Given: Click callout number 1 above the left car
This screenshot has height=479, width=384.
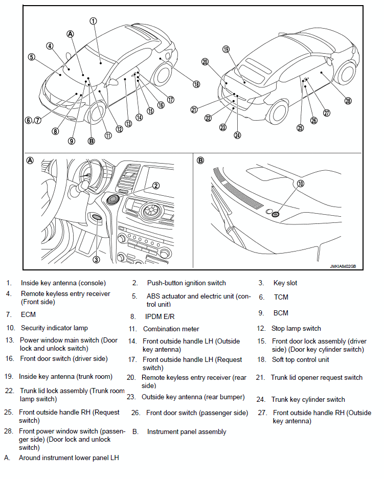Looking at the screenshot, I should tap(93, 21).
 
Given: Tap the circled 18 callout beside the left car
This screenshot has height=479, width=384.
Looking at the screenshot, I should tap(196, 84).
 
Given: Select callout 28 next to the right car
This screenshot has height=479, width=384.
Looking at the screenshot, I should tap(348, 101).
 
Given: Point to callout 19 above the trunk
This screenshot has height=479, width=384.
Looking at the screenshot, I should tap(225, 50).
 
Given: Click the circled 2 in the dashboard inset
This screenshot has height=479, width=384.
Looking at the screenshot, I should tap(156, 186).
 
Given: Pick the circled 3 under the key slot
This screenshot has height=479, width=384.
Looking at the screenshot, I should tap(96, 260).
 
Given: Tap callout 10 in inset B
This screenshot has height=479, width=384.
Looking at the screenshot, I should tap(300, 183).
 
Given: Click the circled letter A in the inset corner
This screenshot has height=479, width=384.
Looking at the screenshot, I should tap(30, 160).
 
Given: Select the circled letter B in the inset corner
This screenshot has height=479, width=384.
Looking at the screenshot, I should tap(200, 160).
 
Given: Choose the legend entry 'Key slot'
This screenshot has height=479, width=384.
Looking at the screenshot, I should tap(285, 283).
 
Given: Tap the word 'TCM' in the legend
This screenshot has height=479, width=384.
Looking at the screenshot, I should tap(281, 296).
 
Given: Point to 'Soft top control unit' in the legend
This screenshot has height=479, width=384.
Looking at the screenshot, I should tap(300, 359).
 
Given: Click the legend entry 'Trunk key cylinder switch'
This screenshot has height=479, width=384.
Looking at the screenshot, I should tap(308, 399).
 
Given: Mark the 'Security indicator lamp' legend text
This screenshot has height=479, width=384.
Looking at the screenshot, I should tap(54, 328).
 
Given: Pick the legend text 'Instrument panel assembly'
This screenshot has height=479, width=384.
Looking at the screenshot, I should tap(187, 431).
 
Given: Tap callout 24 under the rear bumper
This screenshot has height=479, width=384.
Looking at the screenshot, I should tap(237, 135).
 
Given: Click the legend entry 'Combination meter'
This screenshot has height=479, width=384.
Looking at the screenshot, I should tap(171, 329).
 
